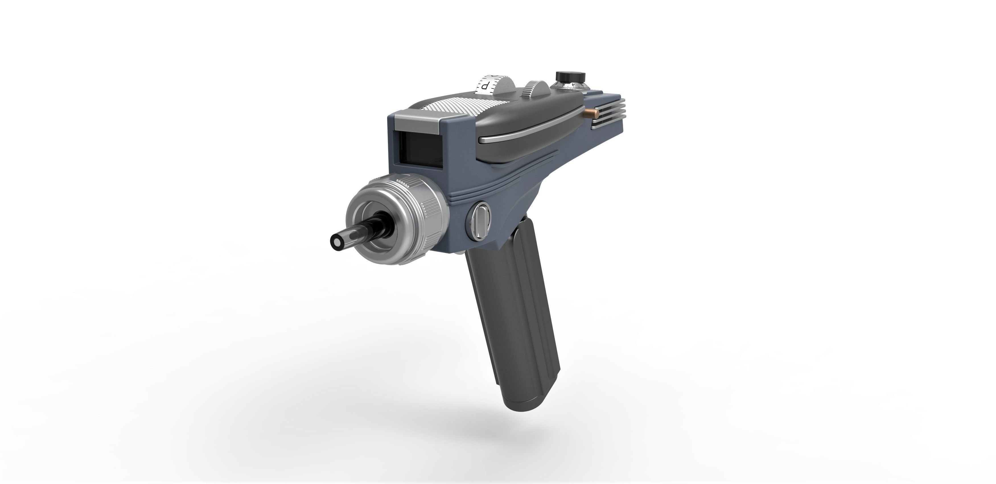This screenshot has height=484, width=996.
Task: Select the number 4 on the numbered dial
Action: [x=573, y=85]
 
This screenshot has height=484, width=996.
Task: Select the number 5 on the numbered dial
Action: [x=564, y=85]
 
